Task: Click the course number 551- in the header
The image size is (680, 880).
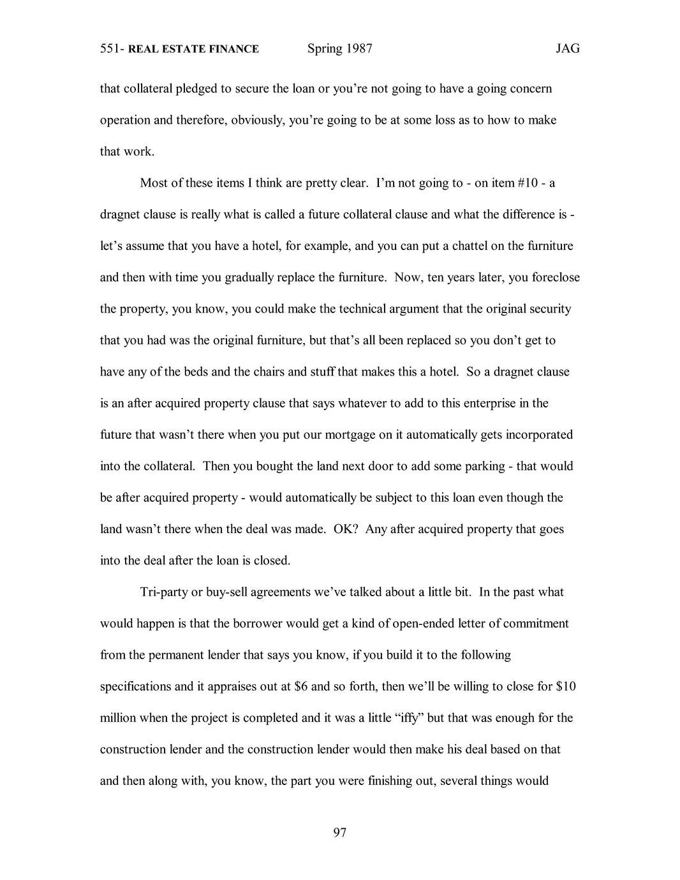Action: pos(113,49)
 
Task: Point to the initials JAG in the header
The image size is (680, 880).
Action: pos(567,48)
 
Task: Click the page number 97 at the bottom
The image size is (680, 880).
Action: pos(339,832)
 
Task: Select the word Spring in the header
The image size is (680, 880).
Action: pos(325,49)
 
